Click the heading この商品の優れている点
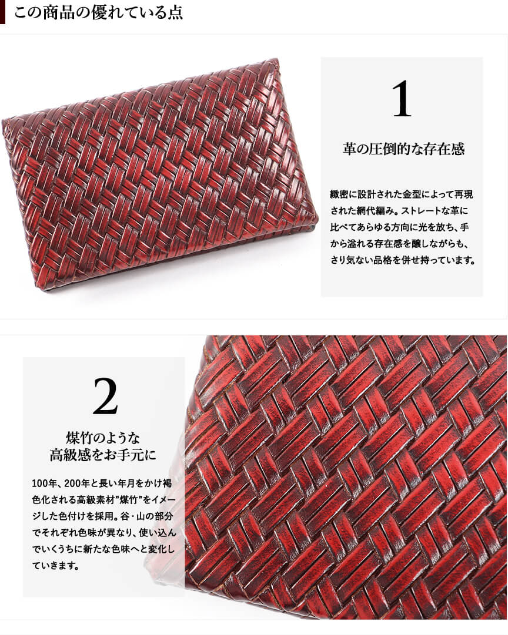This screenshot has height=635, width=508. point(99,12)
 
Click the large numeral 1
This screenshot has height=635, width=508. point(402,99)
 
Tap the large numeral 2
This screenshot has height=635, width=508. point(105,397)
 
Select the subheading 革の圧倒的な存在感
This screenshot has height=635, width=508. point(403,149)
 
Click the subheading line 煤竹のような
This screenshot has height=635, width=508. point(103,438)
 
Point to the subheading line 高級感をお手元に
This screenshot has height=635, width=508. point(103,455)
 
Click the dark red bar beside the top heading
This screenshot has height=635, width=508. point(2,12)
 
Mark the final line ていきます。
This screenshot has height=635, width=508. point(55,566)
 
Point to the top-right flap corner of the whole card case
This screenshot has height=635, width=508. point(278,61)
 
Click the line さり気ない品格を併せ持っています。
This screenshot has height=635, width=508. point(403,260)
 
